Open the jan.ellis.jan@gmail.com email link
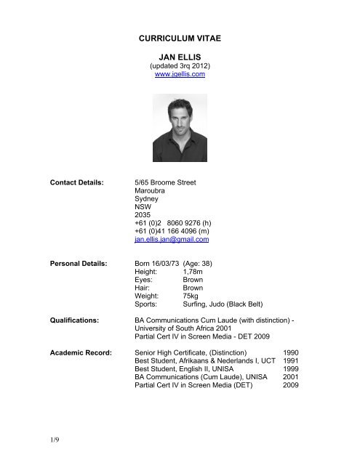tap(177, 268)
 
